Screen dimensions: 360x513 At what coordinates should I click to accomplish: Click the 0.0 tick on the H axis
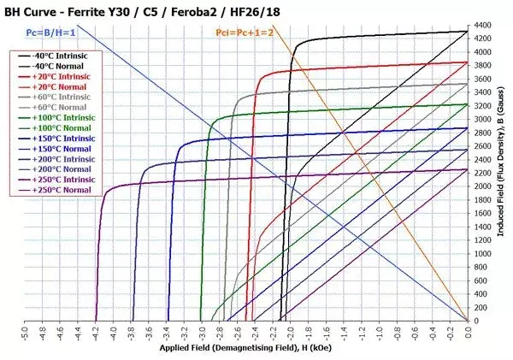(x=468, y=333)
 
